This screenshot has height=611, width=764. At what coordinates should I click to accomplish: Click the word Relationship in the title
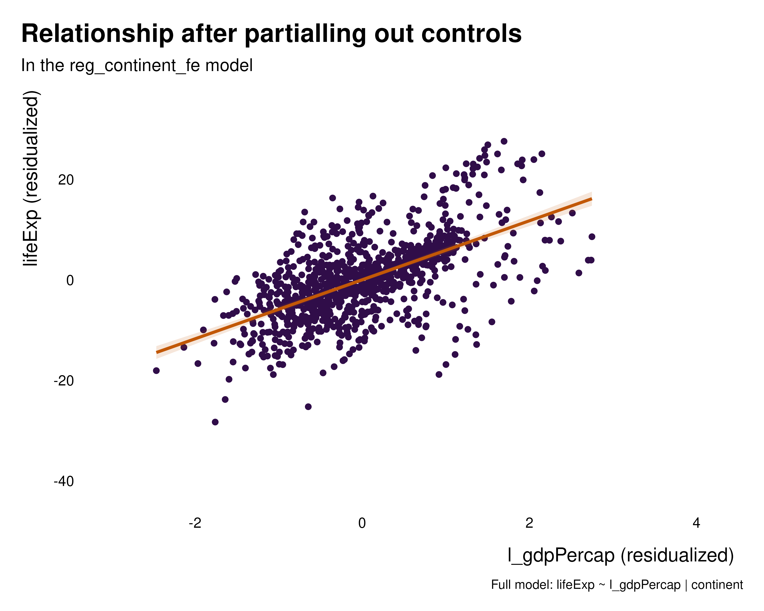[97, 34]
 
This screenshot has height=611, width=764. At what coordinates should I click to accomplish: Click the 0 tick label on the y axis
[70, 281]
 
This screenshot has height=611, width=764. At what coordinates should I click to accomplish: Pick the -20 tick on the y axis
[64, 381]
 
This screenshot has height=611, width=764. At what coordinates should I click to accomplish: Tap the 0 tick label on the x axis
[362, 523]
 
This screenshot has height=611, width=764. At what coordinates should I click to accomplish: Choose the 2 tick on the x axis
[529, 523]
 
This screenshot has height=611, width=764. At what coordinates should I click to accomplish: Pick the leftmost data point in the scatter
[156, 370]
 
